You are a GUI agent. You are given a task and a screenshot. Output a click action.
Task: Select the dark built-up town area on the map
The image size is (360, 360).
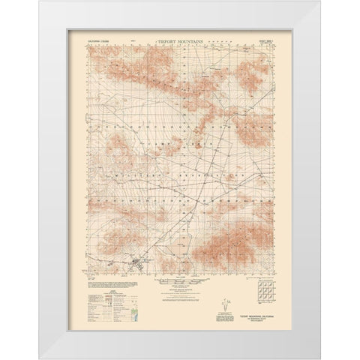139,262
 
